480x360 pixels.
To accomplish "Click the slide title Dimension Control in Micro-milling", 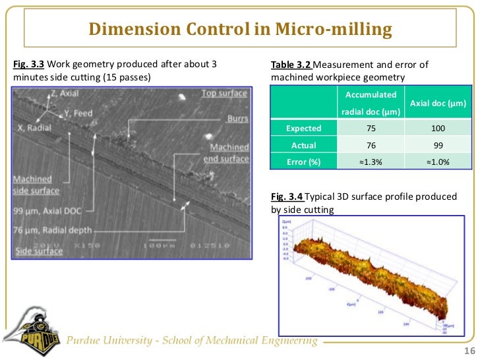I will tap(240, 30).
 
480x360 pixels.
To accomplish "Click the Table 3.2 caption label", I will tap(291, 65).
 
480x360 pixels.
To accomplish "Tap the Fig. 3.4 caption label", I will tap(287, 196).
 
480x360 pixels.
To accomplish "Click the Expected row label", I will tap(303, 129).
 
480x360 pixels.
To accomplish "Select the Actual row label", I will tap(303, 145).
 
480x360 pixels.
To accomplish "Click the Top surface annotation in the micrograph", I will tap(224, 94).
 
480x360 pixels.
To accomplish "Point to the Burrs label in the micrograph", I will tap(237, 119).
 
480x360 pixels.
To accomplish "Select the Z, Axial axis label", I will tap(63, 95).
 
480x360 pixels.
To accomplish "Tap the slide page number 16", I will tap(469, 350).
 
